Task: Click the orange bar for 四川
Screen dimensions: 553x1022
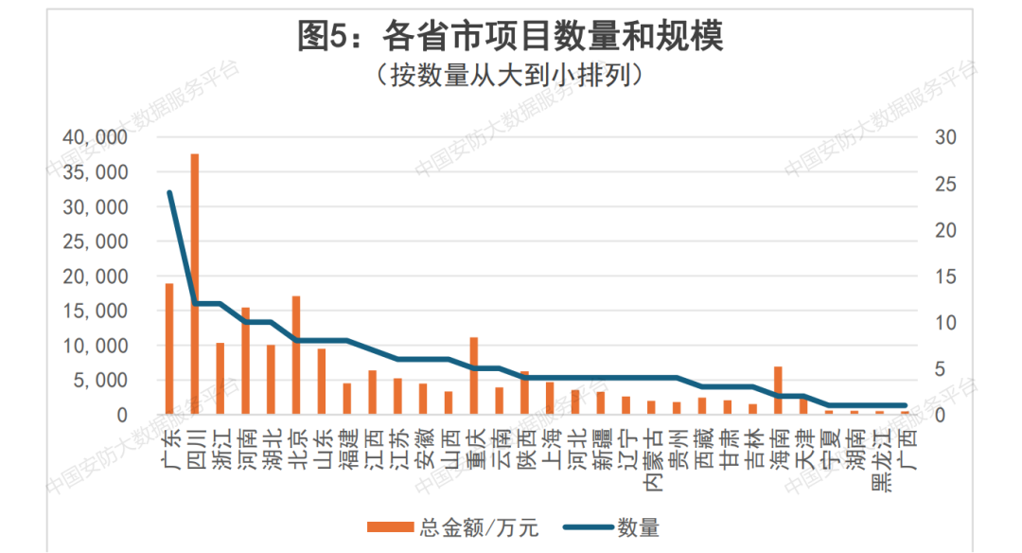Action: [x=195, y=284]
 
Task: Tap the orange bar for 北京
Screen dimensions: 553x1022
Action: [x=296, y=355]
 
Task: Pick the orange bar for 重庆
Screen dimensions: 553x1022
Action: [x=473, y=376]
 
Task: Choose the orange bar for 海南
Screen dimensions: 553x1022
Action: [x=778, y=390]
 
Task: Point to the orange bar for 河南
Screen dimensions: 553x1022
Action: [x=245, y=361]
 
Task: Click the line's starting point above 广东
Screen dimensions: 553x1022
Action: [x=169, y=192]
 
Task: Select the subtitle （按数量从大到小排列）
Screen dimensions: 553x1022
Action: [x=510, y=75]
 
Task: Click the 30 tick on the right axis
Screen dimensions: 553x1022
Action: [x=945, y=137]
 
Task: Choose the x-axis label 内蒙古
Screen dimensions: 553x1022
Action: [x=652, y=460]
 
